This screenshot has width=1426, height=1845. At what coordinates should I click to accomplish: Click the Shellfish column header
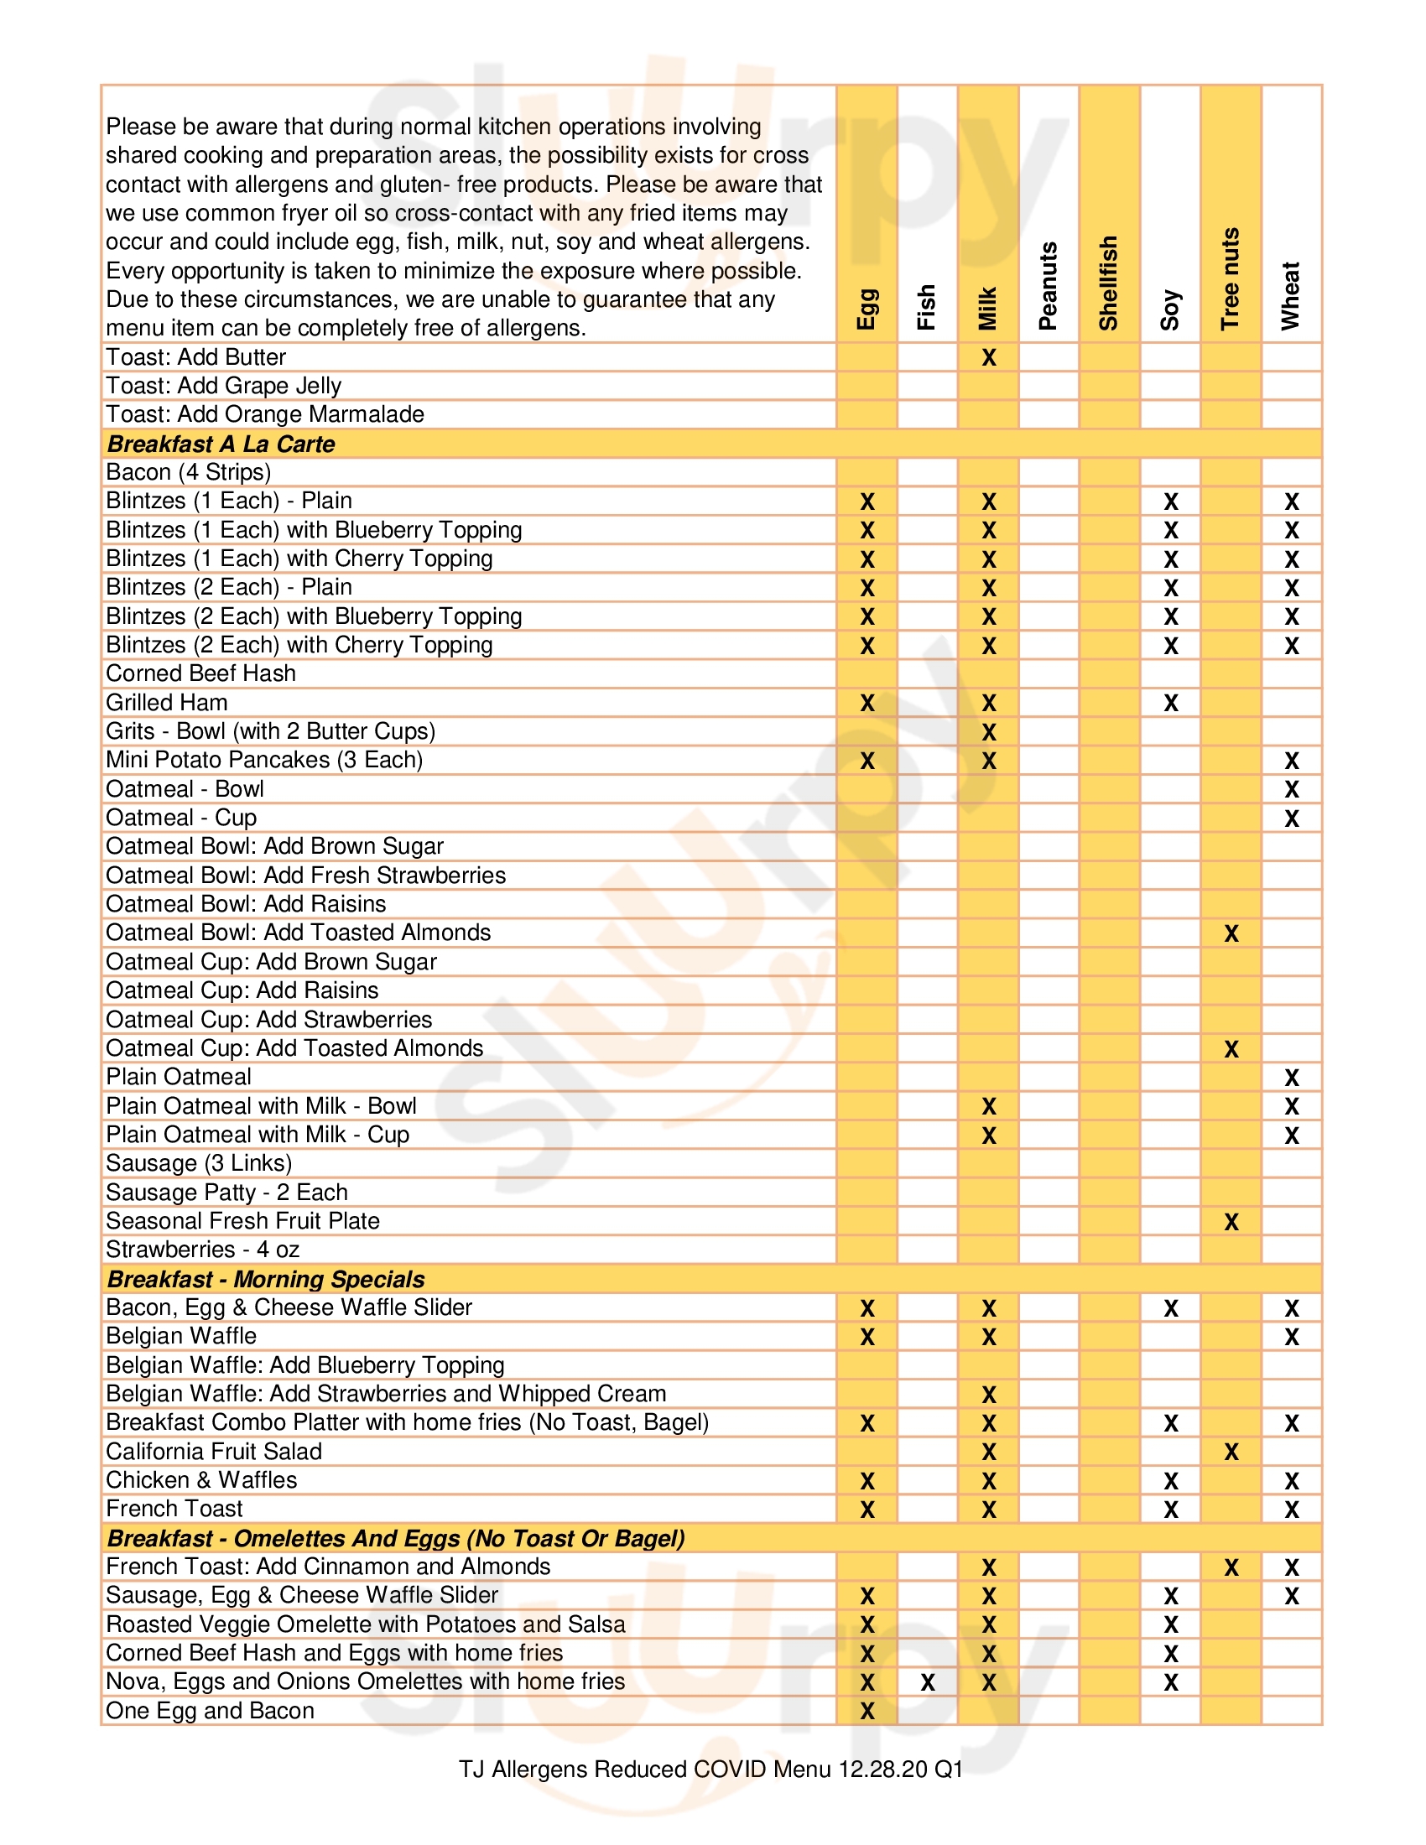1108,282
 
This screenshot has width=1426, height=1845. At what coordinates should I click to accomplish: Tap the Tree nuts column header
1230,278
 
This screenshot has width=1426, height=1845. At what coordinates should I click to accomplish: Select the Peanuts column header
1048,285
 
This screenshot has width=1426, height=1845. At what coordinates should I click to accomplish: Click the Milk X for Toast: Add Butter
988,357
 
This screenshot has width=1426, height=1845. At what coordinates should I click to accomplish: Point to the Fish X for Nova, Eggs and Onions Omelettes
928,1682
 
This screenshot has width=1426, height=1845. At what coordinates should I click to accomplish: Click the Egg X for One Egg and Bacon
867,1711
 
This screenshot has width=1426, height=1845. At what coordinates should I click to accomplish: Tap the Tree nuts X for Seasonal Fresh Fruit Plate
1231,1222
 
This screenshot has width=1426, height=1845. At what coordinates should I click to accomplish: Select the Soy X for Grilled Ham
1170,703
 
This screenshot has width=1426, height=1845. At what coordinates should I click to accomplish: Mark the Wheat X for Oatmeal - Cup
1291,818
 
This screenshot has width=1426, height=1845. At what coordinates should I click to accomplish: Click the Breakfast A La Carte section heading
221,444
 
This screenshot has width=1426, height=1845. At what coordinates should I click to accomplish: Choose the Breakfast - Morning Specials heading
266,1279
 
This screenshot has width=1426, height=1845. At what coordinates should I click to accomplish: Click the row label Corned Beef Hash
201,673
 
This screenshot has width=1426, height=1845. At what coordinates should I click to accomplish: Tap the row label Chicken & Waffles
202,1480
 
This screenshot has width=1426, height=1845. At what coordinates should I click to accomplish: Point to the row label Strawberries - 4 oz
203,1250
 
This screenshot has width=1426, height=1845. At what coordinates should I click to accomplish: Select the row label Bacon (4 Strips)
189,472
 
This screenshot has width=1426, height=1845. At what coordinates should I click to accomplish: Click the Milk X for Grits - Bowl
988,731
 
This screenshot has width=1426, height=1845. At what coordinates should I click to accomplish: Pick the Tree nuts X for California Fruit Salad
1231,1453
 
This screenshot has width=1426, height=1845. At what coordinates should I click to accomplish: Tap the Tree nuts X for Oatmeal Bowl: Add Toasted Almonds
1231,933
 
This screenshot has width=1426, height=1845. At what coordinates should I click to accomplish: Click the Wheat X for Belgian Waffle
1291,1338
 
